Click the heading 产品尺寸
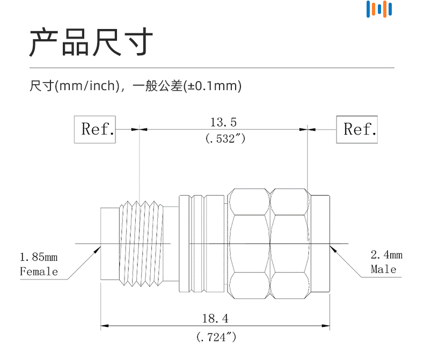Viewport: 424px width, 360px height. pyautogui.click(x=91, y=43)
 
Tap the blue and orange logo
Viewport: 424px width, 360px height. pyautogui.click(x=379, y=9)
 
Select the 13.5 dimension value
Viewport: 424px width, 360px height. pyautogui.click(x=223, y=122)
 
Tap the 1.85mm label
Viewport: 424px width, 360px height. pyautogui.click(x=39, y=256)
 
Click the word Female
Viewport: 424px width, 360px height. pyautogui.click(x=39, y=271)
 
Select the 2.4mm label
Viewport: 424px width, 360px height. pyautogui.click(x=386, y=255)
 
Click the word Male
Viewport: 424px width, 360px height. pyautogui.click(x=384, y=269)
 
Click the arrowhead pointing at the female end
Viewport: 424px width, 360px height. pyautogui.click(x=98, y=249)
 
